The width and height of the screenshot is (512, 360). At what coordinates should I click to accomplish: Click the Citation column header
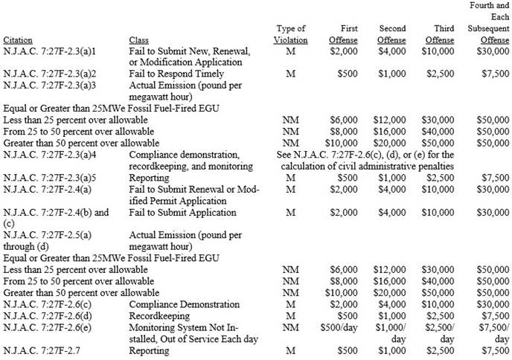tap(18, 39)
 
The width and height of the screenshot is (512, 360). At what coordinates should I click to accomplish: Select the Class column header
tap(138, 39)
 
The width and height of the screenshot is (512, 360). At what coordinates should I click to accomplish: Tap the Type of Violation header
tap(290, 34)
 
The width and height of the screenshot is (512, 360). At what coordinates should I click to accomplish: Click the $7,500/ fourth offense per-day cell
tap(493, 327)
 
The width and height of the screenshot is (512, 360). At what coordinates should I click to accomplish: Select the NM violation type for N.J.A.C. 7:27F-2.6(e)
tap(290, 327)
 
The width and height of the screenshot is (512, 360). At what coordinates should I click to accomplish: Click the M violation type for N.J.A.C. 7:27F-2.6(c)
tap(290, 304)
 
